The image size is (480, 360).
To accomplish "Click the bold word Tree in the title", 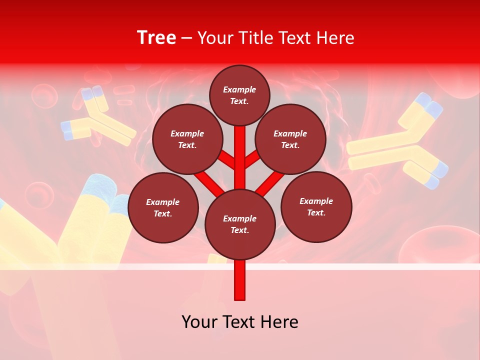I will point(156,38).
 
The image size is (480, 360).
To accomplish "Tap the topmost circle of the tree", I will point(239,95).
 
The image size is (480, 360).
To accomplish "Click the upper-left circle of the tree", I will point(187,139).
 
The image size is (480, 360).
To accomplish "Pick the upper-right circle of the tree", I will point(290,139).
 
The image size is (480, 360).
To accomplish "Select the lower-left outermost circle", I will point(163,207).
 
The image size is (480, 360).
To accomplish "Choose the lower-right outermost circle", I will point(316,206).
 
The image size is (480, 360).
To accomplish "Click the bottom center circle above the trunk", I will point(239,224).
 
